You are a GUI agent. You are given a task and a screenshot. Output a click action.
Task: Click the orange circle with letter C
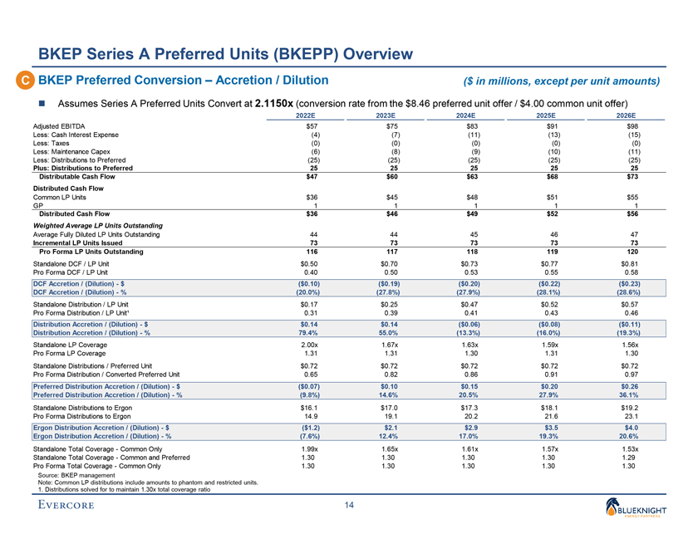pos(21,81)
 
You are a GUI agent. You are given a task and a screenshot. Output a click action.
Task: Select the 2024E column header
pos(465,115)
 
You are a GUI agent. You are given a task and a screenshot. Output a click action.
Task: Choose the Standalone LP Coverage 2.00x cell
pos(309,344)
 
